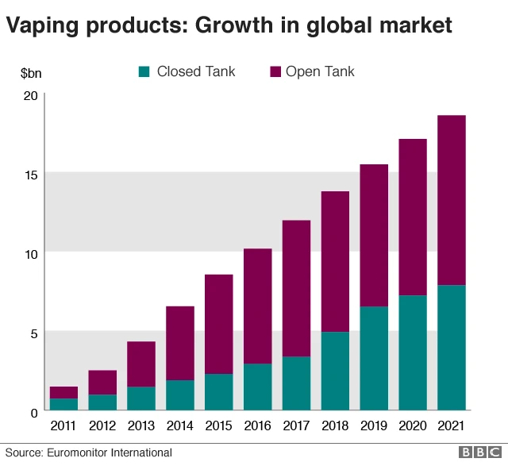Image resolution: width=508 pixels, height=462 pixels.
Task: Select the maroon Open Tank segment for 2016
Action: click(257, 306)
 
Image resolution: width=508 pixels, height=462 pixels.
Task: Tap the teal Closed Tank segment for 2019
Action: click(373, 358)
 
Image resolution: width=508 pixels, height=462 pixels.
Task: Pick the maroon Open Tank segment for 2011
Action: click(64, 392)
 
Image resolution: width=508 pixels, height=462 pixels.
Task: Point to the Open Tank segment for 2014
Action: click(180, 343)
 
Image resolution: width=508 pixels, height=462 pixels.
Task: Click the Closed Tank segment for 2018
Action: click(334, 371)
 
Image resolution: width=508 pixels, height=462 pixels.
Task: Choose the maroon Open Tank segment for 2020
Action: click(412, 218)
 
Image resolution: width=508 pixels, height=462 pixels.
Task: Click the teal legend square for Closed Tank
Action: click(144, 72)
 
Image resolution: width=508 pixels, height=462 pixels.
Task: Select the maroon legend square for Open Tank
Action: click(275, 72)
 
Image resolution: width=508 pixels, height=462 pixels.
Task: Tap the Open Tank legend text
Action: click(320, 72)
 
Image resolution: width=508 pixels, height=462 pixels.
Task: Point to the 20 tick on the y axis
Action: click(31, 96)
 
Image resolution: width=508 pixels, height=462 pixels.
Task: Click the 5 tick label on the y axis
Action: click(34, 333)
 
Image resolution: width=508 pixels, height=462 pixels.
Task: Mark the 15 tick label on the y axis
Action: click(31, 175)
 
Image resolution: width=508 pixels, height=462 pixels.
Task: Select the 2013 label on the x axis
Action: click(141, 426)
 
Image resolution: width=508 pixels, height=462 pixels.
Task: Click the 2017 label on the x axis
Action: click(296, 426)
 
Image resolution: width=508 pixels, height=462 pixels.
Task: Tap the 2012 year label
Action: click(102, 426)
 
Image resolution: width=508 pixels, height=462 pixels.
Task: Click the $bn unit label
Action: click(31, 73)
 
